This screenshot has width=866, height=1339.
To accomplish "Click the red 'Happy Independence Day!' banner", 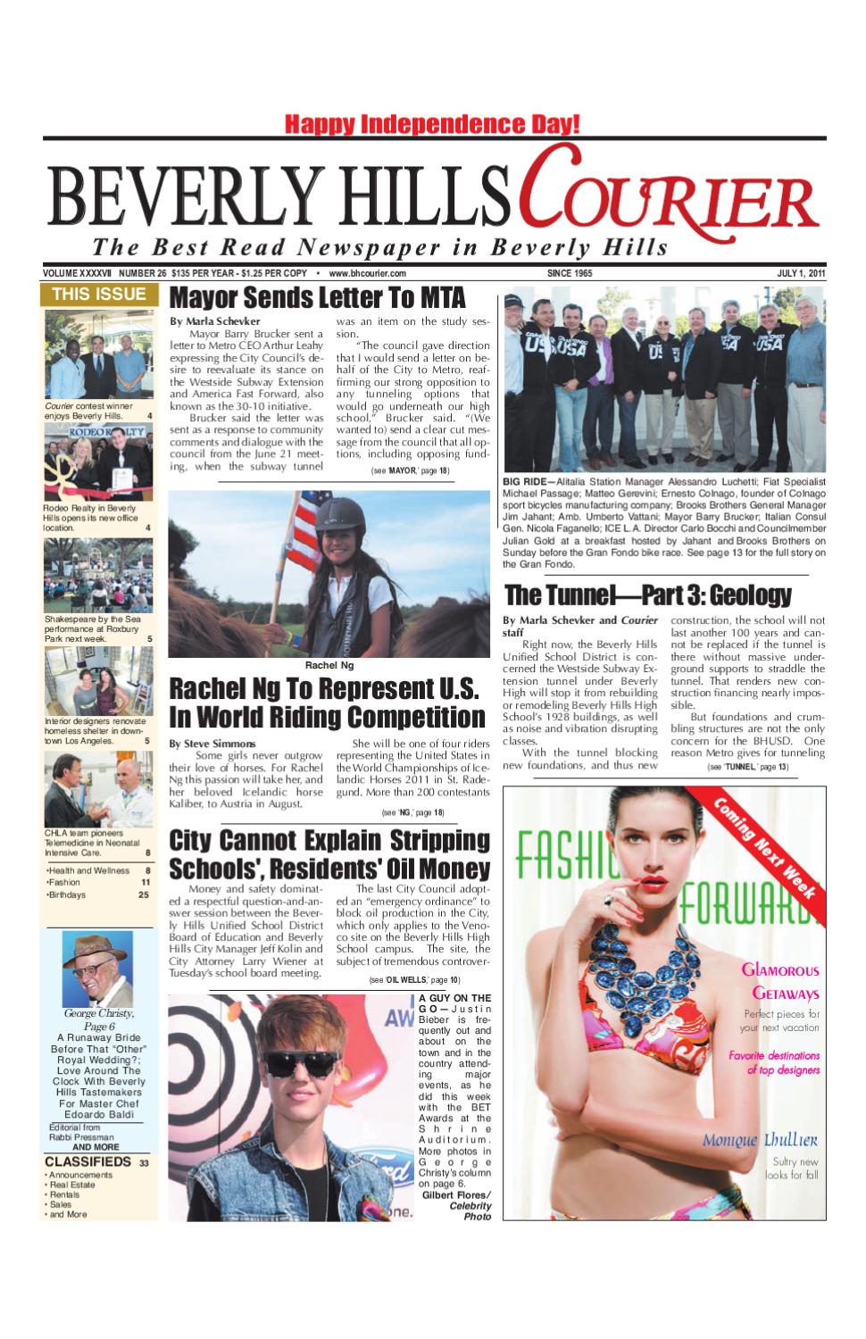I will pyautogui.click(x=433, y=124).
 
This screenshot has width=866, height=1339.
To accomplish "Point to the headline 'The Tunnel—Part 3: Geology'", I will pyautogui.click(x=647, y=595).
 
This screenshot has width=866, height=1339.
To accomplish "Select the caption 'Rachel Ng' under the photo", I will pyautogui.click(x=329, y=665).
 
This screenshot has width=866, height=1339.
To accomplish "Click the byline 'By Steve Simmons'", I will pyautogui.click(x=212, y=743).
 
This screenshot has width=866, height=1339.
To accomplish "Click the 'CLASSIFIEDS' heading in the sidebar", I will pyautogui.click(x=87, y=1161).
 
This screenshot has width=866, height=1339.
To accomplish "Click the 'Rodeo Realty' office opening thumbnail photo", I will pyautogui.click(x=98, y=462).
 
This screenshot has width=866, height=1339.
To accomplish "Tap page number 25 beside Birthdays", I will pyautogui.click(x=144, y=894).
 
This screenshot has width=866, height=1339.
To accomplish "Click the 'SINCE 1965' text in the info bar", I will pyautogui.click(x=569, y=273).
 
